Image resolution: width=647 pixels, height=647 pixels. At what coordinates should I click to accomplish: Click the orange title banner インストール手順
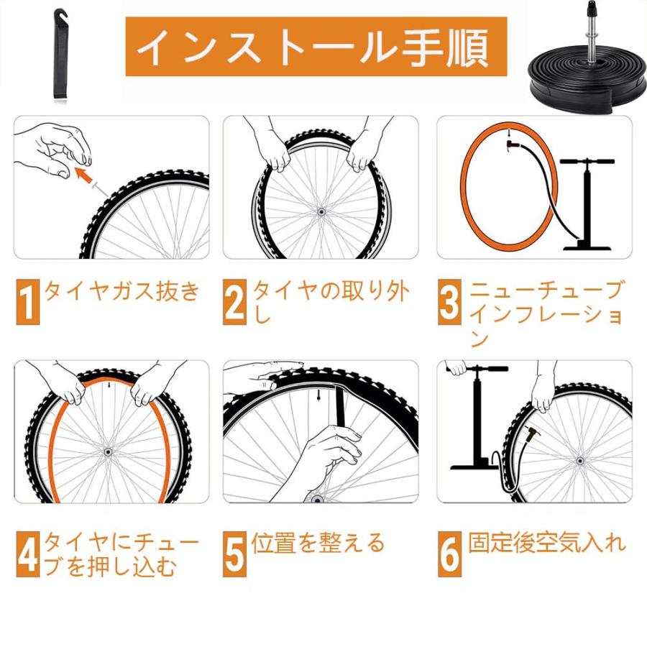coord(316,47)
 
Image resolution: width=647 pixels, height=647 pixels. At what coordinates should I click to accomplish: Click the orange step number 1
coord(27,302)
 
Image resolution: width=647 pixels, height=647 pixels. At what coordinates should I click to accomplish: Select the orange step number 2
coord(234,302)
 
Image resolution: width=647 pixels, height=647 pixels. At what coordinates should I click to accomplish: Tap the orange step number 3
coord(449,302)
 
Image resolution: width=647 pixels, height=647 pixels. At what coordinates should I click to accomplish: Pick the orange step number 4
coord(27,554)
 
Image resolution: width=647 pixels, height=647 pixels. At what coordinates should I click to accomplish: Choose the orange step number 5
coord(234,554)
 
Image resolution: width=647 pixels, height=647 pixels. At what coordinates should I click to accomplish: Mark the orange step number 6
coord(449,554)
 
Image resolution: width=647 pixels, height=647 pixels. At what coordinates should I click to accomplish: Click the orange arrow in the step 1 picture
coord(86,176)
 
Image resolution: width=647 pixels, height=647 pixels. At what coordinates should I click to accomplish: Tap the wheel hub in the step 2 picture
coord(320,211)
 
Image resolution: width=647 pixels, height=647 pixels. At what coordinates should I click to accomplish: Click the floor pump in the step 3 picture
coord(587,205)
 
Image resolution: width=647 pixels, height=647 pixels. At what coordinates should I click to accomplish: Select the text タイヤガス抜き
coord(121,292)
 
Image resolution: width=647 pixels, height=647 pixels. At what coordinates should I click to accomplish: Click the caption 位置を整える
coord(318,543)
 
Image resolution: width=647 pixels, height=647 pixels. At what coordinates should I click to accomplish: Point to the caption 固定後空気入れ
coord(546,543)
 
